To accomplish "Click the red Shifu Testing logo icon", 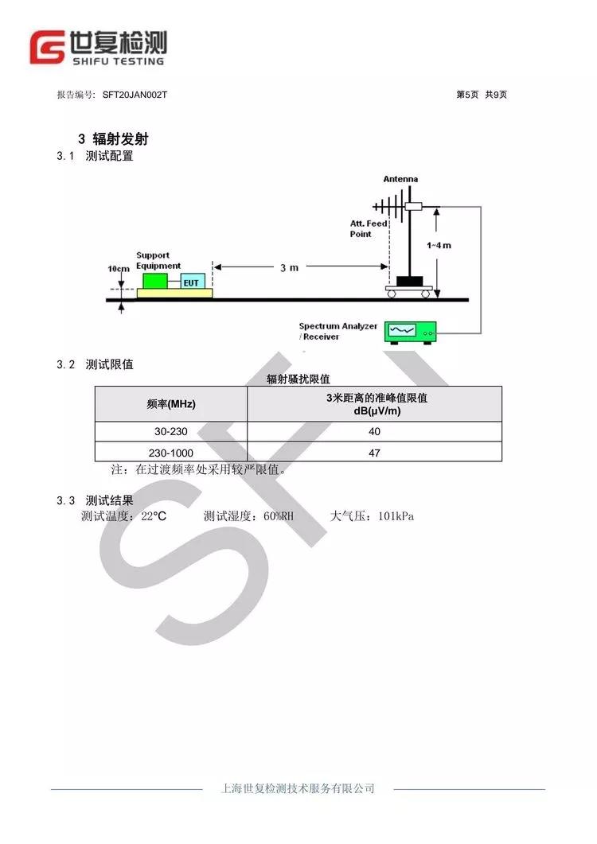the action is [x=47, y=48].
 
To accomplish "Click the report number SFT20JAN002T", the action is [x=135, y=95].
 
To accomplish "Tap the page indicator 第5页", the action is [x=467, y=95].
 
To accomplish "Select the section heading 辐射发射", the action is [x=120, y=139].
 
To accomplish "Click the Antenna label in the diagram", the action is [x=400, y=179].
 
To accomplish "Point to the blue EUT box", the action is [x=192, y=281].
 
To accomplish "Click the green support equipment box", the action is [x=155, y=281].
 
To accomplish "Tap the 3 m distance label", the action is [x=289, y=267].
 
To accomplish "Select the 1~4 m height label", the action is [x=439, y=246].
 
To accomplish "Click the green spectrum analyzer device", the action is [x=410, y=332].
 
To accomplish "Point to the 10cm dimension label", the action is [x=119, y=269].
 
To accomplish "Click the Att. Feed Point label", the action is [x=369, y=229].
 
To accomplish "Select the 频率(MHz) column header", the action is [x=171, y=404].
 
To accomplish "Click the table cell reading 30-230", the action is [x=171, y=432].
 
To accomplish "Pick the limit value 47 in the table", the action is [x=374, y=453].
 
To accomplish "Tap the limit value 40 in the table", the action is [x=374, y=432].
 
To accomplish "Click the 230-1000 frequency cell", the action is [x=171, y=453].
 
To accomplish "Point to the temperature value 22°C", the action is [x=154, y=516].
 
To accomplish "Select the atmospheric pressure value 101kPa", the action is [x=396, y=516].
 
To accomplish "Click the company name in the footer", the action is [x=298, y=788].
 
